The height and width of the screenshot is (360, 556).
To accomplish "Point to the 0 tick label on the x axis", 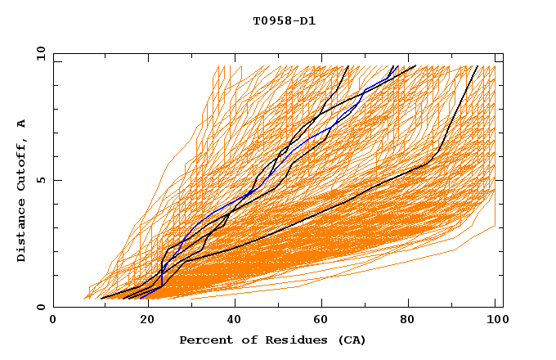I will (x=53, y=322).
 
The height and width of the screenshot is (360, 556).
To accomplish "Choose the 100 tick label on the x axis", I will (x=495, y=322).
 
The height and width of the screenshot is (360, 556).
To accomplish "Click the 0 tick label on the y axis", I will (x=40, y=308).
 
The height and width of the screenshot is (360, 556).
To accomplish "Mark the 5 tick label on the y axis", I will (x=40, y=181).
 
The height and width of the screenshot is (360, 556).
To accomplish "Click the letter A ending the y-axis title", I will (x=22, y=124).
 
